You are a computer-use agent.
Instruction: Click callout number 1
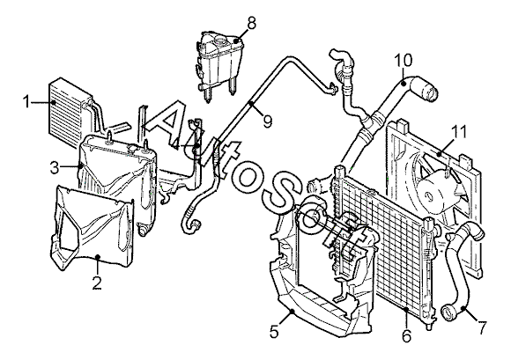26,102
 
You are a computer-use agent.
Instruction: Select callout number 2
97,283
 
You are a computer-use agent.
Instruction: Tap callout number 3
56,168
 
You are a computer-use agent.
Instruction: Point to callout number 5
274,331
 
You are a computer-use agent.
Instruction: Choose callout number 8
251,24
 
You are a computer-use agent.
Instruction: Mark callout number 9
267,121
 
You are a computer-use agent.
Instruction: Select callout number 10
404,61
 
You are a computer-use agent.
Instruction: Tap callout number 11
458,131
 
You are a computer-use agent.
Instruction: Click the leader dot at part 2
98,257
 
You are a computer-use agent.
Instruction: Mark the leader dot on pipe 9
251,104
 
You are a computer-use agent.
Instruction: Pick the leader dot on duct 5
292,312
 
